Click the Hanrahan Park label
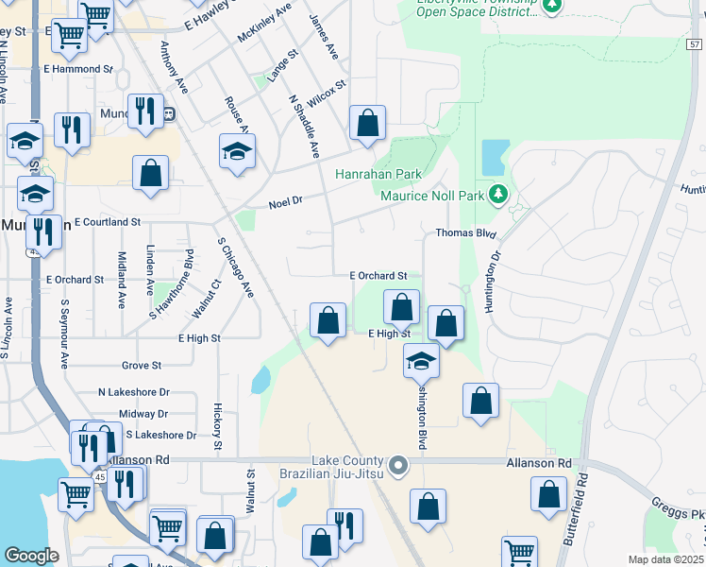click(x=378, y=175)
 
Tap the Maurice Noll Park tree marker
click(x=499, y=196)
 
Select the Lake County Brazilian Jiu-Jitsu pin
click(x=399, y=464)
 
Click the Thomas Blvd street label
click(x=465, y=232)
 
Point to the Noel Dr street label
click(x=284, y=202)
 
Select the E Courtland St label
click(x=107, y=222)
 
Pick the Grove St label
click(x=142, y=365)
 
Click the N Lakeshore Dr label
click(x=133, y=391)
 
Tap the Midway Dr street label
click(x=143, y=414)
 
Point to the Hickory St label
click(x=217, y=426)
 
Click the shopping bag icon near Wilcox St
click(x=367, y=122)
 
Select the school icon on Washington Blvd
click(x=421, y=360)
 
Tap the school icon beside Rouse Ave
click(x=237, y=150)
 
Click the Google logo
click(x=32, y=556)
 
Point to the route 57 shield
click(x=695, y=43)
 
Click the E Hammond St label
click(x=78, y=69)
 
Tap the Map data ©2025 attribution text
click(x=665, y=559)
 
